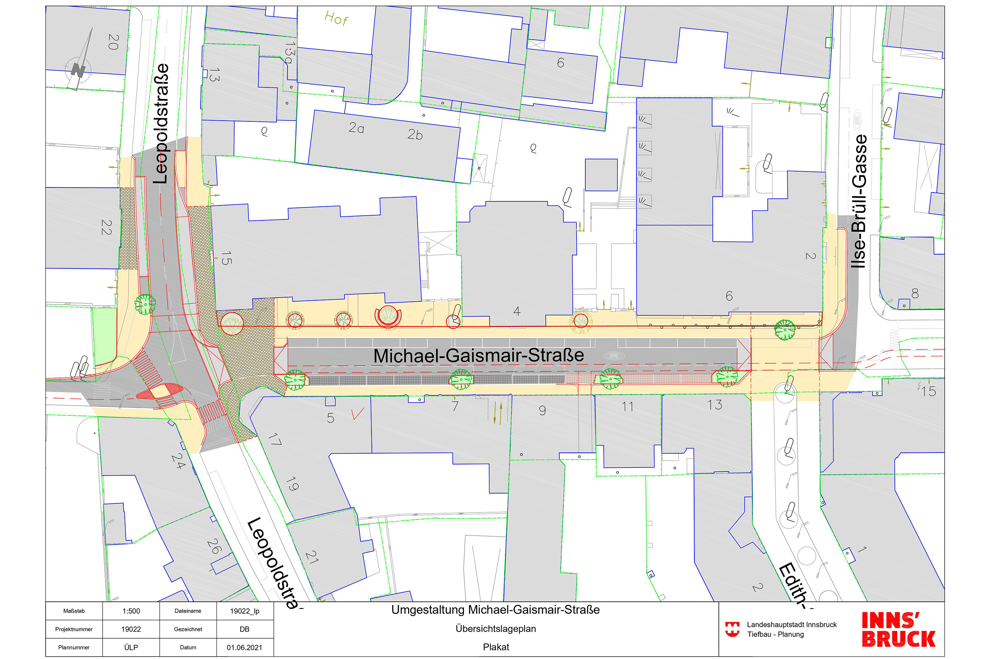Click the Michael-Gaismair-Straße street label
(478, 356)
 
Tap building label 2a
(356, 128)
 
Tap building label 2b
(415, 135)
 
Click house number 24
(178, 461)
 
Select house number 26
(214, 546)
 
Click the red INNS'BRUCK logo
(898, 630)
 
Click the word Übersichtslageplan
(496, 629)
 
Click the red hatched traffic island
(160, 391)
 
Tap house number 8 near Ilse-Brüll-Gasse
(915, 293)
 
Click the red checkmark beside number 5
(358, 414)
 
